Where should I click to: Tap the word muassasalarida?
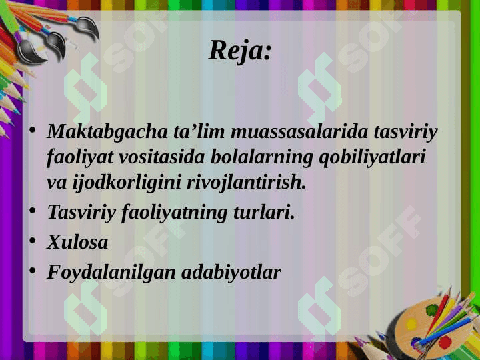[x=299, y=131]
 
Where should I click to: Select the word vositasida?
[x=161, y=157]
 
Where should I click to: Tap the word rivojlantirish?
[x=247, y=183]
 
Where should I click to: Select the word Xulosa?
[x=77, y=242]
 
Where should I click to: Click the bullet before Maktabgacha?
[x=33, y=130]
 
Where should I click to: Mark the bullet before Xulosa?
[x=33, y=240]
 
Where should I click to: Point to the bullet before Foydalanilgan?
[x=33, y=270]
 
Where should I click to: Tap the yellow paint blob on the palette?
[x=411, y=324]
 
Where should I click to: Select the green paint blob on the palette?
[x=432, y=310]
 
